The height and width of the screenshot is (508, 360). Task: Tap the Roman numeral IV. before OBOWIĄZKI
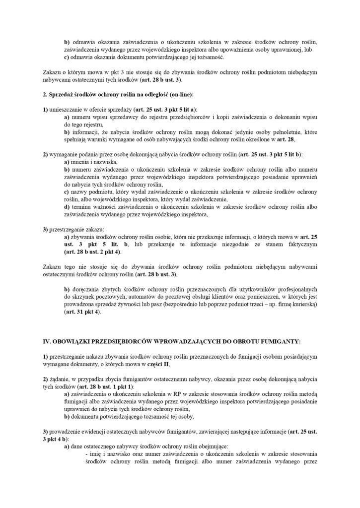tap(48, 341)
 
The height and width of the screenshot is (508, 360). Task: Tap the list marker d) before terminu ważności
tap(67, 207)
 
